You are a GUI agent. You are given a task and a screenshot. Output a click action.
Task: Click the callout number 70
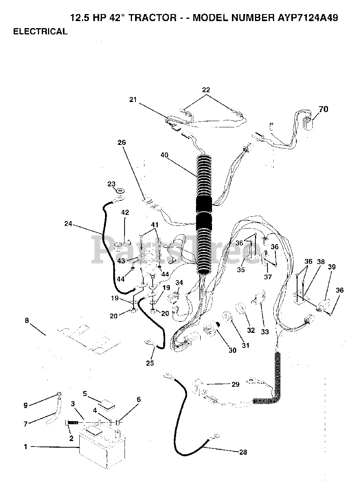pyautogui.click(x=324, y=109)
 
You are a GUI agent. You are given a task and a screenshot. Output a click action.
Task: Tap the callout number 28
pyautogui.click(x=243, y=452)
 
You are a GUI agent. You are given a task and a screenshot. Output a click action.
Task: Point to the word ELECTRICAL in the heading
pyautogui.click(x=40, y=32)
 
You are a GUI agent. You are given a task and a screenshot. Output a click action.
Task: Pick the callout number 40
pyautogui.click(x=165, y=155)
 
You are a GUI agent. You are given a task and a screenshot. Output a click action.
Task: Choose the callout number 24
pyautogui.click(x=69, y=224)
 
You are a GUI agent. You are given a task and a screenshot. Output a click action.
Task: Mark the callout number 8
pyautogui.click(x=27, y=321)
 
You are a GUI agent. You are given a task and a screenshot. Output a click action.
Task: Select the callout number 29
pyautogui.click(x=235, y=384)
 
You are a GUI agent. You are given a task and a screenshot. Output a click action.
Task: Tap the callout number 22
pyautogui.click(x=206, y=90)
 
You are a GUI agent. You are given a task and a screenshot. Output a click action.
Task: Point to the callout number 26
pyautogui.click(x=122, y=143)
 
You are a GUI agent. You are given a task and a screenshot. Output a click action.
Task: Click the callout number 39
pyautogui.click(x=331, y=267)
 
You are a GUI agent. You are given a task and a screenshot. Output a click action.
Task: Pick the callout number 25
pyautogui.click(x=150, y=363)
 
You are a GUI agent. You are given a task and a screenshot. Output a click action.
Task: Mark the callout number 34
pyautogui.click(x=179, y=283)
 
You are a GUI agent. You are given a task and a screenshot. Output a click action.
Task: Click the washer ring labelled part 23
pyautogui.click(x=120, y=191)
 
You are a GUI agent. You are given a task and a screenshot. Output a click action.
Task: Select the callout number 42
pyautogui.click(x=125, y=213)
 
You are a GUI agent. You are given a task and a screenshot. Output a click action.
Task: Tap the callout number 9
pyautogui.click(x=25, y=405)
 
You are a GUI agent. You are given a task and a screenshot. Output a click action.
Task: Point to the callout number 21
pyautogui.click(x=134, y=100)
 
